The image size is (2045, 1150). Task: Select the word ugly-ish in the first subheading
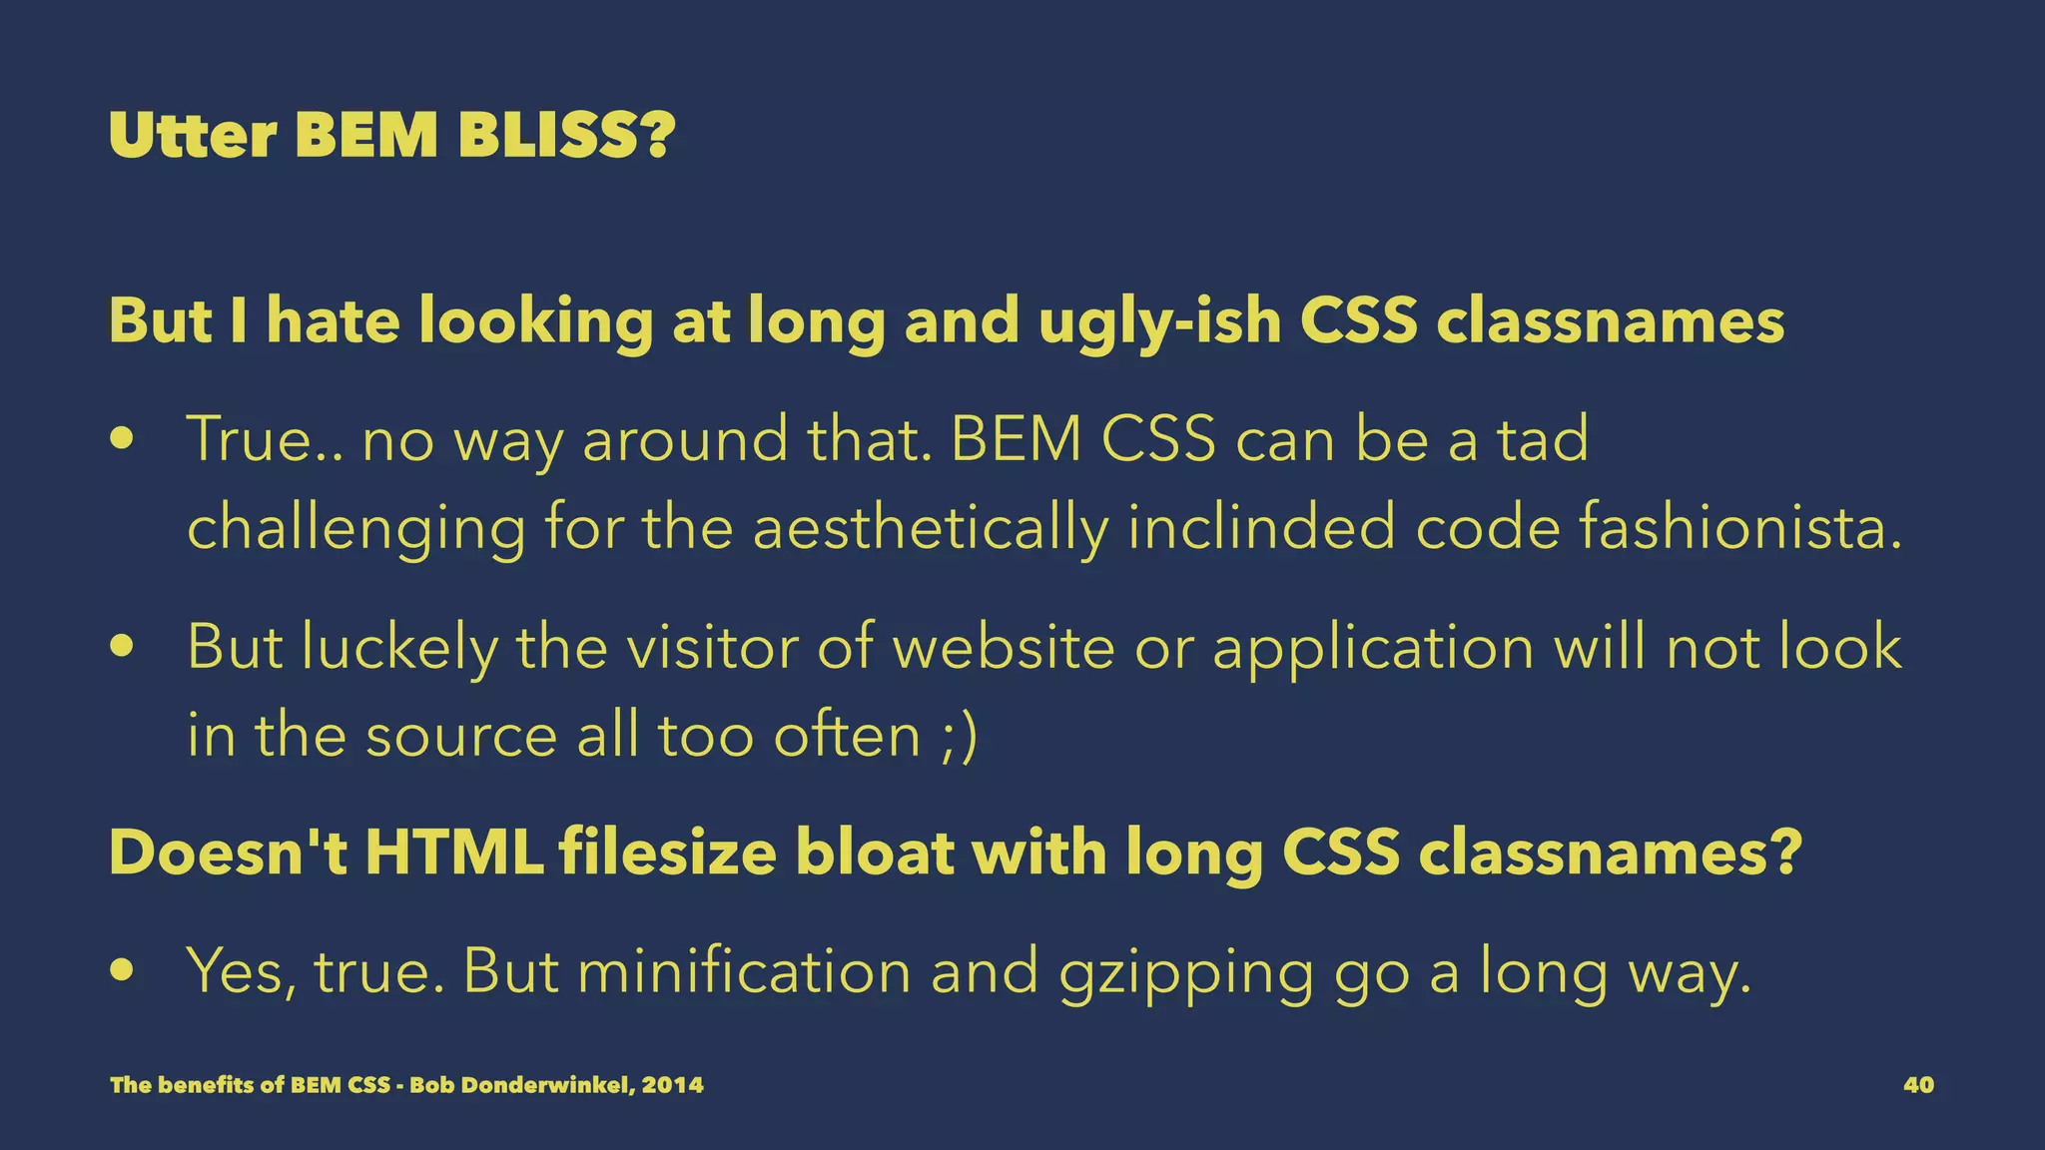tap(1159, 322)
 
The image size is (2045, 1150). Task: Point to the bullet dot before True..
tap(123, 440)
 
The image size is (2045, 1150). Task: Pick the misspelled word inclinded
tap(1261, 528)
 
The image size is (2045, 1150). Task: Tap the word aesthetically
tap(930, 528)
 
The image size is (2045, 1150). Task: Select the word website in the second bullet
tap(1003, 647)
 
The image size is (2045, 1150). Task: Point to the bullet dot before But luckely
tap(123, 648)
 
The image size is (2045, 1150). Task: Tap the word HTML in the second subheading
tap(454, 853)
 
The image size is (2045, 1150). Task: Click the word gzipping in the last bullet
tap(1185, 972)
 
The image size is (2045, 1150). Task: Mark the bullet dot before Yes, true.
tap(123, 972)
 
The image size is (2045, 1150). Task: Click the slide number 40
tap(1918, 1085)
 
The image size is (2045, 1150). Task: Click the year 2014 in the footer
tap(673, 1085)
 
